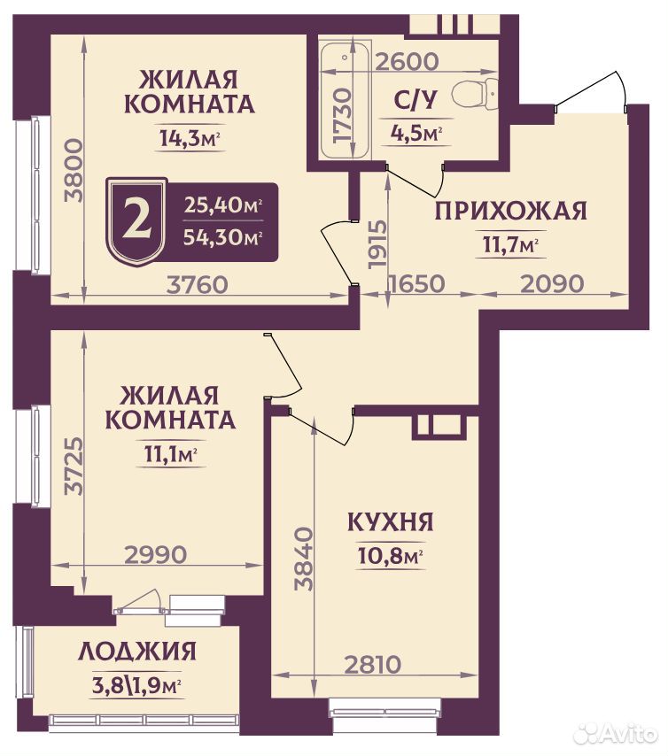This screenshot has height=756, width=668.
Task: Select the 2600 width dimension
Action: (x=407, y=62)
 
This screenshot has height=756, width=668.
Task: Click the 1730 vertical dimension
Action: (x=343, y=115)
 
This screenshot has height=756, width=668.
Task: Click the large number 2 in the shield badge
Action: (x=136, y=220)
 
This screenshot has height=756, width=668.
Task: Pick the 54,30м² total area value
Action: (x=223, y=236)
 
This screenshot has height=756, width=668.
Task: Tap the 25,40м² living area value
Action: (x=223, y=205)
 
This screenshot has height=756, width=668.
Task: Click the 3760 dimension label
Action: (x=197, y=284)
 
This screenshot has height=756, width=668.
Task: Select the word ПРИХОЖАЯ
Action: (x=511, y=212)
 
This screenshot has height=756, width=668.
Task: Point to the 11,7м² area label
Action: (x=511, y=245)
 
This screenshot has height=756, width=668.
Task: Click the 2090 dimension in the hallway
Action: (x=553, y=283)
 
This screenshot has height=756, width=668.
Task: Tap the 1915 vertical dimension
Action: (x=377, y=244)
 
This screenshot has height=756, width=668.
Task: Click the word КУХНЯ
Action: (x=391, y=521)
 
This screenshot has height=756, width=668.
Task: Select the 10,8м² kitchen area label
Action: (x=391, y=556)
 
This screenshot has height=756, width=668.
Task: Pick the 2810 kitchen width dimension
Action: (x=373, y=665)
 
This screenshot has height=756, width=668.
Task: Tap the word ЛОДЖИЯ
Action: (x=137, y=652)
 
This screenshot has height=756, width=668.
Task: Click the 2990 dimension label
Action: (x=155, y=554)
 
